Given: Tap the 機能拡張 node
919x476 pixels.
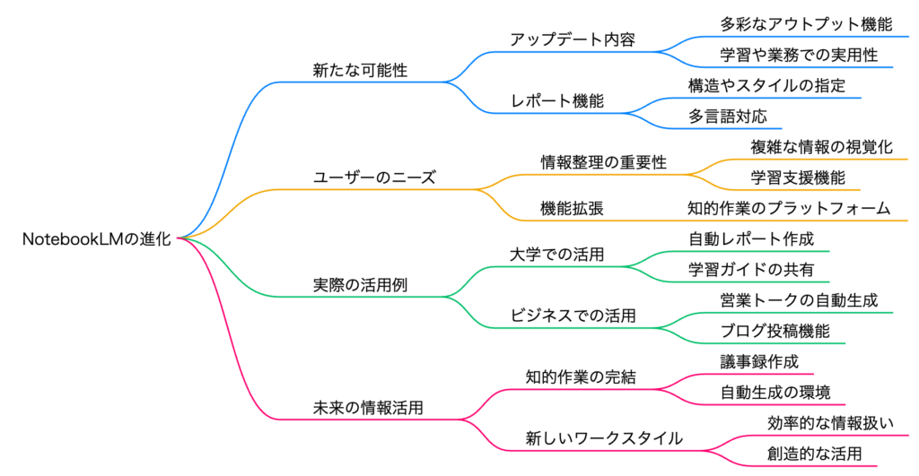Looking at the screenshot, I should click(x=572, y=208).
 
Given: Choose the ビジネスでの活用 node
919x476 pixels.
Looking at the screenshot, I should click(x=573, y=316).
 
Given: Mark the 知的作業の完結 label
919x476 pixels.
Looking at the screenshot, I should click(x=580, y=377).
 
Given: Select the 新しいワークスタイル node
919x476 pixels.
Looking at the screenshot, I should click(x=603, y=438).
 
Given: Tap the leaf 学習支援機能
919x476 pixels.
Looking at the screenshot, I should click(x=798, y=177).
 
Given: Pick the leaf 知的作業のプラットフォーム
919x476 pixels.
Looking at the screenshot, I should click(x=789, y=208).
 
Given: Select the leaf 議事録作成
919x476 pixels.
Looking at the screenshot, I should click(x=754, y=361).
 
